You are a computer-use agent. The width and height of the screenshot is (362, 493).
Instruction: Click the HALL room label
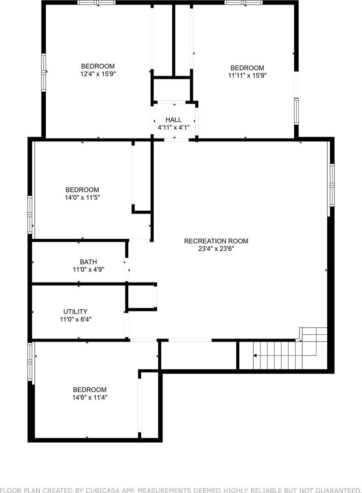click(173, 120)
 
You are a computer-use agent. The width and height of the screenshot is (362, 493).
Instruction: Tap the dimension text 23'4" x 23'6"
click(216, 249)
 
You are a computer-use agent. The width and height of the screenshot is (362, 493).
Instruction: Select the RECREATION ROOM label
click(216, 241)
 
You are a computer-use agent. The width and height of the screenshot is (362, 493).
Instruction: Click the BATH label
click(88, 262)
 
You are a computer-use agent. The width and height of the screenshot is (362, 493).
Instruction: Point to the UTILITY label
click(75, 312)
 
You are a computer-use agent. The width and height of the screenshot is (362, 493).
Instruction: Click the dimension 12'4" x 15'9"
click(98, 74)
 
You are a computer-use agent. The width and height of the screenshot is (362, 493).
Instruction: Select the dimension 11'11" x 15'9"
click(247, 76)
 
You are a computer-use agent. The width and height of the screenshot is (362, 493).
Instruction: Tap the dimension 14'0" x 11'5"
click(82, 197)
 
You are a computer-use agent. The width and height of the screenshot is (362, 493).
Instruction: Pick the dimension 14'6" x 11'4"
click(90, 397)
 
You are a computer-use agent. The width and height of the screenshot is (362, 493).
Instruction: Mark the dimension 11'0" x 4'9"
click(88, 270)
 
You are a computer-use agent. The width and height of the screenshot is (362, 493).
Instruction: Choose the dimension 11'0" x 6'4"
click(75, 319)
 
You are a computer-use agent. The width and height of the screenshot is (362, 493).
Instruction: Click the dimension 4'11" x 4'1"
click(173, 127)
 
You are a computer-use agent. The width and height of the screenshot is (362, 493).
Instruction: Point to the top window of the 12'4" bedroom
click(97, 3)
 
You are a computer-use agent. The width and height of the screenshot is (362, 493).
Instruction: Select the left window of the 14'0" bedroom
click(30, 215)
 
